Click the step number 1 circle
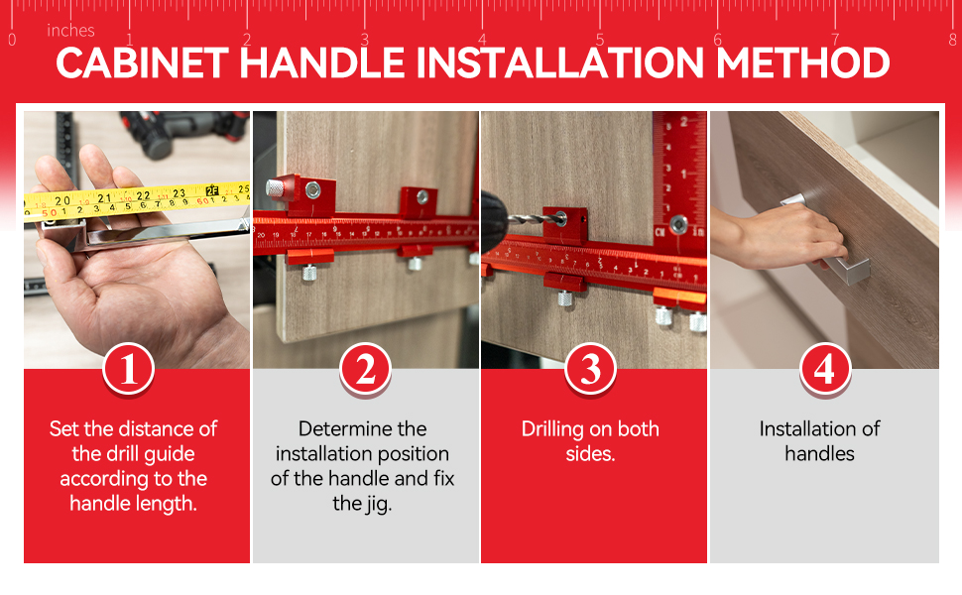(128, 370)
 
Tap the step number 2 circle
(365, 370)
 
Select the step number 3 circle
(591, 370)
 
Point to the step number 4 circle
(824, 370)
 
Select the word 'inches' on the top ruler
(70, 31)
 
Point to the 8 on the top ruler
(953, 40)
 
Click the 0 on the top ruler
(12, 40)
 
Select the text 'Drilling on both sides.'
(590, 441)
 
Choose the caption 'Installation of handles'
(819, 441)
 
